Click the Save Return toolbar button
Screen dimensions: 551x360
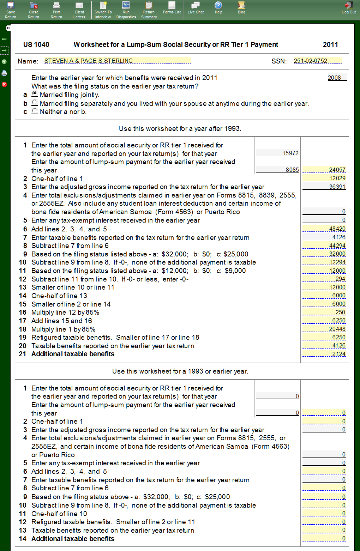click(11, 10)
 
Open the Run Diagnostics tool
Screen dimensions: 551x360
click(126, 10)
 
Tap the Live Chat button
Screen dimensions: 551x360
click(196, 7)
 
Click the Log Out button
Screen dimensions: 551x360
click(349, 7)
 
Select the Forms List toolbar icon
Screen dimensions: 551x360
click(172, 7)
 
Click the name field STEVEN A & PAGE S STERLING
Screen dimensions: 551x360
click(118, 61)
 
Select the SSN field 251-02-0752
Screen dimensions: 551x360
click(317, 61)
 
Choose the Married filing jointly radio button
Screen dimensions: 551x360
click(35, 94)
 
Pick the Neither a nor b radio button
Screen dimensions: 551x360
click(35, 111)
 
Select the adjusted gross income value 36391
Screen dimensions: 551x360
click(324, 187)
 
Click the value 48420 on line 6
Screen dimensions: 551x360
click(324, 229)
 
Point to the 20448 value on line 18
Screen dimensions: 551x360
click(324, 329)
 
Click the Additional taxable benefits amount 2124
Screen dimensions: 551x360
click(324, 354)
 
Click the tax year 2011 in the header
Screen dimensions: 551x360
click(330, 44)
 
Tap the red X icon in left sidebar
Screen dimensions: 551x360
click(4, 84)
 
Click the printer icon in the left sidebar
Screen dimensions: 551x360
click(4, 73)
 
